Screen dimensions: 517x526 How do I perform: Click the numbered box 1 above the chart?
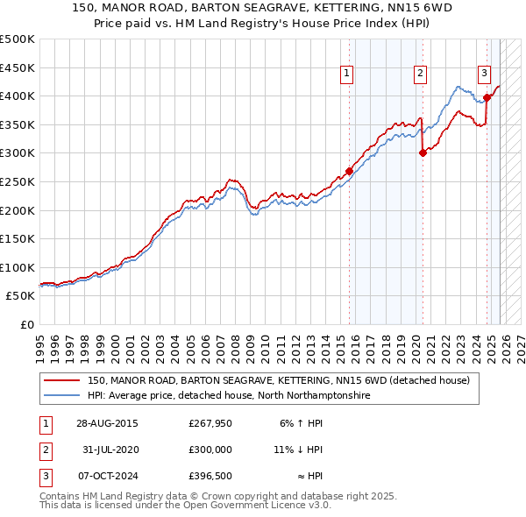tap(348, 74)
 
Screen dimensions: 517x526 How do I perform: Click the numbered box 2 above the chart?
tap(421, 74)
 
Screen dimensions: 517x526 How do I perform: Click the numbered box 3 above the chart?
tap(484, 74)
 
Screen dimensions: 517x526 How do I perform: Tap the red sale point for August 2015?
tap(349, 172)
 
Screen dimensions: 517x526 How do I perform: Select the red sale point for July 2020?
tap(423, 152)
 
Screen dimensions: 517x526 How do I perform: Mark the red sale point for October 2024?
tap(487, 97)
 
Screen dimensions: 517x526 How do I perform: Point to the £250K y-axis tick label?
tap(18, 181)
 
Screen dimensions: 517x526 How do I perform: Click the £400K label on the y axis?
tap(18, 96)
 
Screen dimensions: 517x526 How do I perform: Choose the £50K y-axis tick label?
tap(21, 296)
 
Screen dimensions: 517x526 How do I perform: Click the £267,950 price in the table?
tap(210, 423)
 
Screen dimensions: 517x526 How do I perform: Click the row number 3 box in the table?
tap(44, 476)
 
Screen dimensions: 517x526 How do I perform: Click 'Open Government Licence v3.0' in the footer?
tap(256, 506)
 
